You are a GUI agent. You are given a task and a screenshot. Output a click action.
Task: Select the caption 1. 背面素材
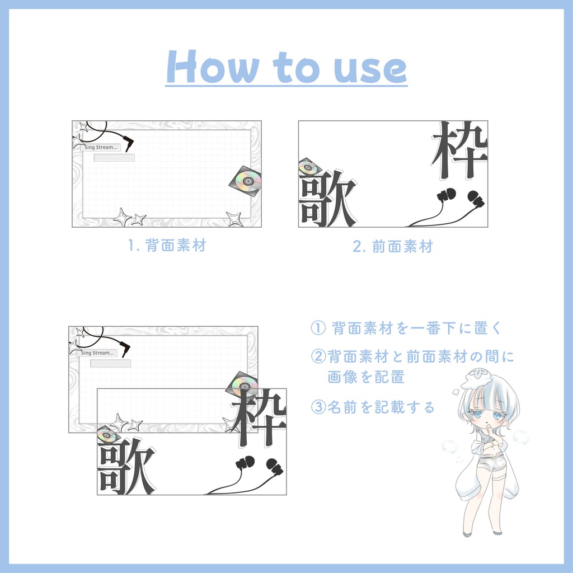[167, 245]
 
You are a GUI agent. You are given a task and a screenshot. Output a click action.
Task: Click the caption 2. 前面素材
[393, 246]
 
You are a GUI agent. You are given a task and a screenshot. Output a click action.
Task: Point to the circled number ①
[318, 328]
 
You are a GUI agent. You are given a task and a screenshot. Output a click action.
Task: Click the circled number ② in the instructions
[318, 356]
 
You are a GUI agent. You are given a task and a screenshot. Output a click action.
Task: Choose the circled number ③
[318, 407]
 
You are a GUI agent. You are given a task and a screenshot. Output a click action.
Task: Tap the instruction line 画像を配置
[366, 377]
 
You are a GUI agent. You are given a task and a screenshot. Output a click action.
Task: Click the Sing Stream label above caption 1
[101, 147]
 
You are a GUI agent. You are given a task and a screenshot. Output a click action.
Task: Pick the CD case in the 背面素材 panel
[246, 181]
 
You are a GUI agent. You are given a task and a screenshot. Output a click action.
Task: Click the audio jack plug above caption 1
[128, 143]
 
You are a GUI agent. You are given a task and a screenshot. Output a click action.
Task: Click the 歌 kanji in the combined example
[126, 466]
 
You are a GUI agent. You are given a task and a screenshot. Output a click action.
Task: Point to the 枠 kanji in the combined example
[259, 417]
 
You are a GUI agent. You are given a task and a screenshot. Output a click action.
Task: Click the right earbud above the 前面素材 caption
[476, 199]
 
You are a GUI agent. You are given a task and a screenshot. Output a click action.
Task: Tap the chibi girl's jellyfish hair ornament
[476, 379]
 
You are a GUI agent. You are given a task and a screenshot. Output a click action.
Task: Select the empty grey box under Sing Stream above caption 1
[114, 158]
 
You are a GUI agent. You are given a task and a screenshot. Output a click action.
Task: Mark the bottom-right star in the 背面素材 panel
[234, 219]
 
